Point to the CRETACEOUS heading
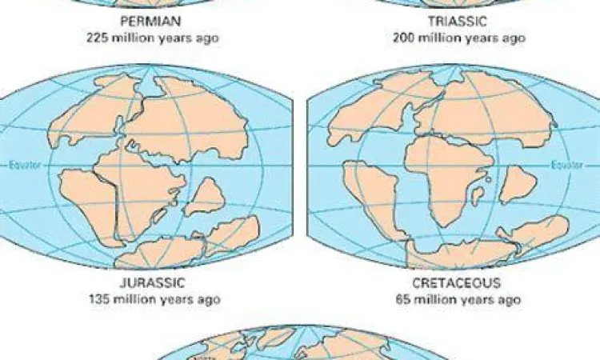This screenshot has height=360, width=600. (x=457, y=282)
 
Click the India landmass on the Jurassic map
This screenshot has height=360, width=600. (x=205, y=195)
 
